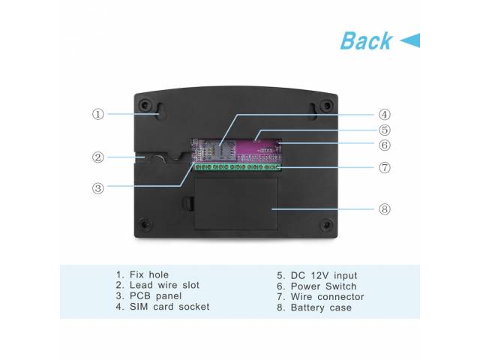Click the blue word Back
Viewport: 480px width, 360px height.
click(x=366, y=40)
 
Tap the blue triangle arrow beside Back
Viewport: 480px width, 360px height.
click(x=410, y=40)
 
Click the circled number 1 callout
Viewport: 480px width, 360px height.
click(x=98, y=114)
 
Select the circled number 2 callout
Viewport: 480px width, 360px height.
click(x=98, y=157)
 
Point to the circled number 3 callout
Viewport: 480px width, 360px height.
click(x=98, y=188)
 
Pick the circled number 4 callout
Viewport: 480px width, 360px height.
click(x=385, y=115)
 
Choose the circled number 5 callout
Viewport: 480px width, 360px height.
click(x=385, y=130)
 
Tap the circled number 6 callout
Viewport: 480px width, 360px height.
click(x=385, y=145)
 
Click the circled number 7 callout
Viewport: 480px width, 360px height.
click(x=385, y=167)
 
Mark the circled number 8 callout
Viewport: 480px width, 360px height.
click(x=385, y=209)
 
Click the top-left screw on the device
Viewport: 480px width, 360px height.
click(x=145, y=105)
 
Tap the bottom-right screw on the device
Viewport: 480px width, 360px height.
click(x=326, y=225)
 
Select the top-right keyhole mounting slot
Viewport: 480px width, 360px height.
click(x=313, y=112)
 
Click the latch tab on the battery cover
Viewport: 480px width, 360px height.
click(x=188, y=203)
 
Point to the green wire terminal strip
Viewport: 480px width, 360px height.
click(x=238, y=166)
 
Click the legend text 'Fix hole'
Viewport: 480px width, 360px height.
click(x=149, y=274)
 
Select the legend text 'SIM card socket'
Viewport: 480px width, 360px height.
click(x=169, y=307)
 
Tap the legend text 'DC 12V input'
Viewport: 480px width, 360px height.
click(x=324, y=275)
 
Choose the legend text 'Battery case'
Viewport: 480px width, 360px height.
click(x=321, y=307)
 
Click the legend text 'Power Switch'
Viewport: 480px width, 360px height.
click(x=323, y=286)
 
